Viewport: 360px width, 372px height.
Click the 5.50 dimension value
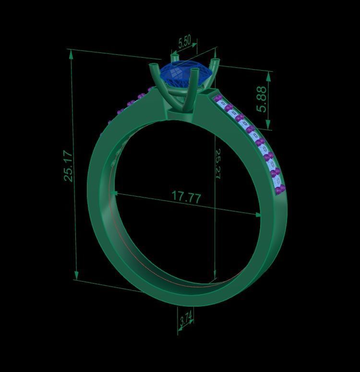pos(184,42)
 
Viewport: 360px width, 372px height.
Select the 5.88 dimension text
pos(262,99)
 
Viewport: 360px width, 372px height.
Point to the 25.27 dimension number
pos(217,164)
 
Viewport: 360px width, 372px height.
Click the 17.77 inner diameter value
pos(186,197)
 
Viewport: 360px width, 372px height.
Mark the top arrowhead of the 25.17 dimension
pos(72,53)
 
